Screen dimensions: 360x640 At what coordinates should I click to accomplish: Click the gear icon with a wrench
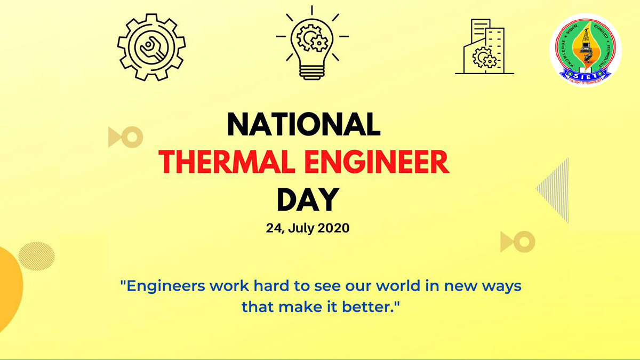[151, 46]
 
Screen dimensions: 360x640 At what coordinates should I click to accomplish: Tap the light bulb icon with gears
[313, 45]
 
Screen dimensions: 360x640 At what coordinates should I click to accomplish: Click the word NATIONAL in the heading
[304, 125]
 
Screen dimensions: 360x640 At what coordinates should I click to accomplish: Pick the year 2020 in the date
[333, 229]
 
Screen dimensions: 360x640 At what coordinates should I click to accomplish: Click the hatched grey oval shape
[36, 255]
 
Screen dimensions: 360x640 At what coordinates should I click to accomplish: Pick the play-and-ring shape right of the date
[517, 242]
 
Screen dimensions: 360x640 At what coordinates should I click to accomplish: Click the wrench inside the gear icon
[151, 47]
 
